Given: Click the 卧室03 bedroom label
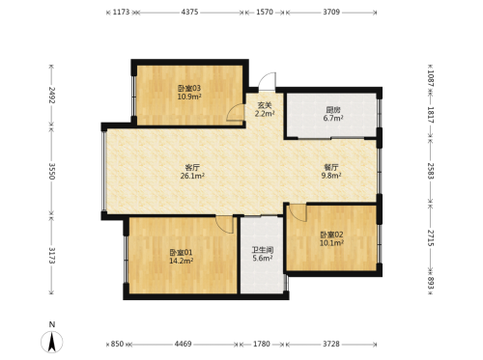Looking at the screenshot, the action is coord(189,88).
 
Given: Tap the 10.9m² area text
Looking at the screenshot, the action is coord(189,97).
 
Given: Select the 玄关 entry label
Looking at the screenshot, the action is coord(265,105).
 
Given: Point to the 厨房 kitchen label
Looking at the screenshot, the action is coord(333,110).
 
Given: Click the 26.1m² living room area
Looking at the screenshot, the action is coord(192,176).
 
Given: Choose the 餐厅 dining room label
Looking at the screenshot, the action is coord(331,167).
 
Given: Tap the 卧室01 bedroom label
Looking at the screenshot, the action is coord(182,253).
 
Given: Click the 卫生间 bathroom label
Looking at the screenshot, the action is coord(263,250).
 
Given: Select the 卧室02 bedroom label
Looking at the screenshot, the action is coord(331,235).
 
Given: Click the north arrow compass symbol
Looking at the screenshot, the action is coord(52,341).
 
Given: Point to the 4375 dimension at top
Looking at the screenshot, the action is coord(189,13).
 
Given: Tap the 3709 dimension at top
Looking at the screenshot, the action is coord(331,13).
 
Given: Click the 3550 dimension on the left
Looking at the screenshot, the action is coord(52,171).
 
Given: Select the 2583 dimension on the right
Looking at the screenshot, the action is coord(431,171).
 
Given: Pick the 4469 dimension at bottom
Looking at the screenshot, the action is coord(183,344).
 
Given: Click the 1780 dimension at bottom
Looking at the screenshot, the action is coord(262,344).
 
